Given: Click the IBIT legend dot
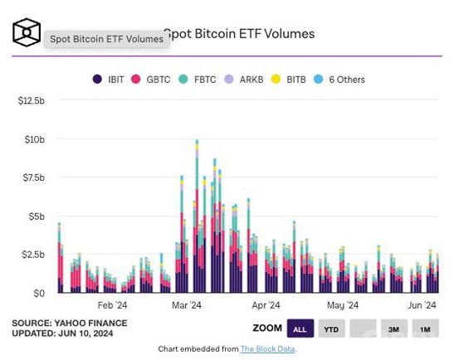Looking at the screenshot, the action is pyautogui.click(x=97, y=79).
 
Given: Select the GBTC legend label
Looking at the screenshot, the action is pyautogui.click(x=158, y=80).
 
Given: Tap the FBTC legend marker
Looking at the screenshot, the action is pyautogui.click(x=183, y=79).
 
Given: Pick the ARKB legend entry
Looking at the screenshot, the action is pyautogui.click(x=251, y=80).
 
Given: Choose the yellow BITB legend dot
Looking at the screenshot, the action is pyautogui.click(x=276, y=79).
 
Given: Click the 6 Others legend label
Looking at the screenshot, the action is pyautogui.click(x=347, y=80).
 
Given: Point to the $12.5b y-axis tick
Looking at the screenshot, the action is pyautogui.click(x=32, y=100).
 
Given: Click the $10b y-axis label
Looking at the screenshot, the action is pyautogui.click(x=35, y=139).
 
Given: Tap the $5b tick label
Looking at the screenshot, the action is pyautogui.click(x=37, y=216).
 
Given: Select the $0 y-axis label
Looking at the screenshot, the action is pyautogui.click(x=39, y=294).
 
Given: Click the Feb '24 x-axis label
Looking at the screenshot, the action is pyautogui.click(x=112, y=305).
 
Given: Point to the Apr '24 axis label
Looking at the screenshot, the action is pyautogui.click(x=266, y=305).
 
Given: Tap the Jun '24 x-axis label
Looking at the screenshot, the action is pyautogui.click(x=422, y=305).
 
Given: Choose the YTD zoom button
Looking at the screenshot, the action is pyautogui.click(x=331, y=328).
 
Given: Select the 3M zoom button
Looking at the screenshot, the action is pyautogui.click(x=394, y=328).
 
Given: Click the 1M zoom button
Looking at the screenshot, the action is pyautogui.click(x=425, y=328).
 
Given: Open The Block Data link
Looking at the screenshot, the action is pyautogui.click(x=268, y=349).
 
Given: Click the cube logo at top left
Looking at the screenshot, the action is pyautogui.click(x=27, y=32).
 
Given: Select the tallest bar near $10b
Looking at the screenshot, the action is pyautogui.click(x=198, y=216).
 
